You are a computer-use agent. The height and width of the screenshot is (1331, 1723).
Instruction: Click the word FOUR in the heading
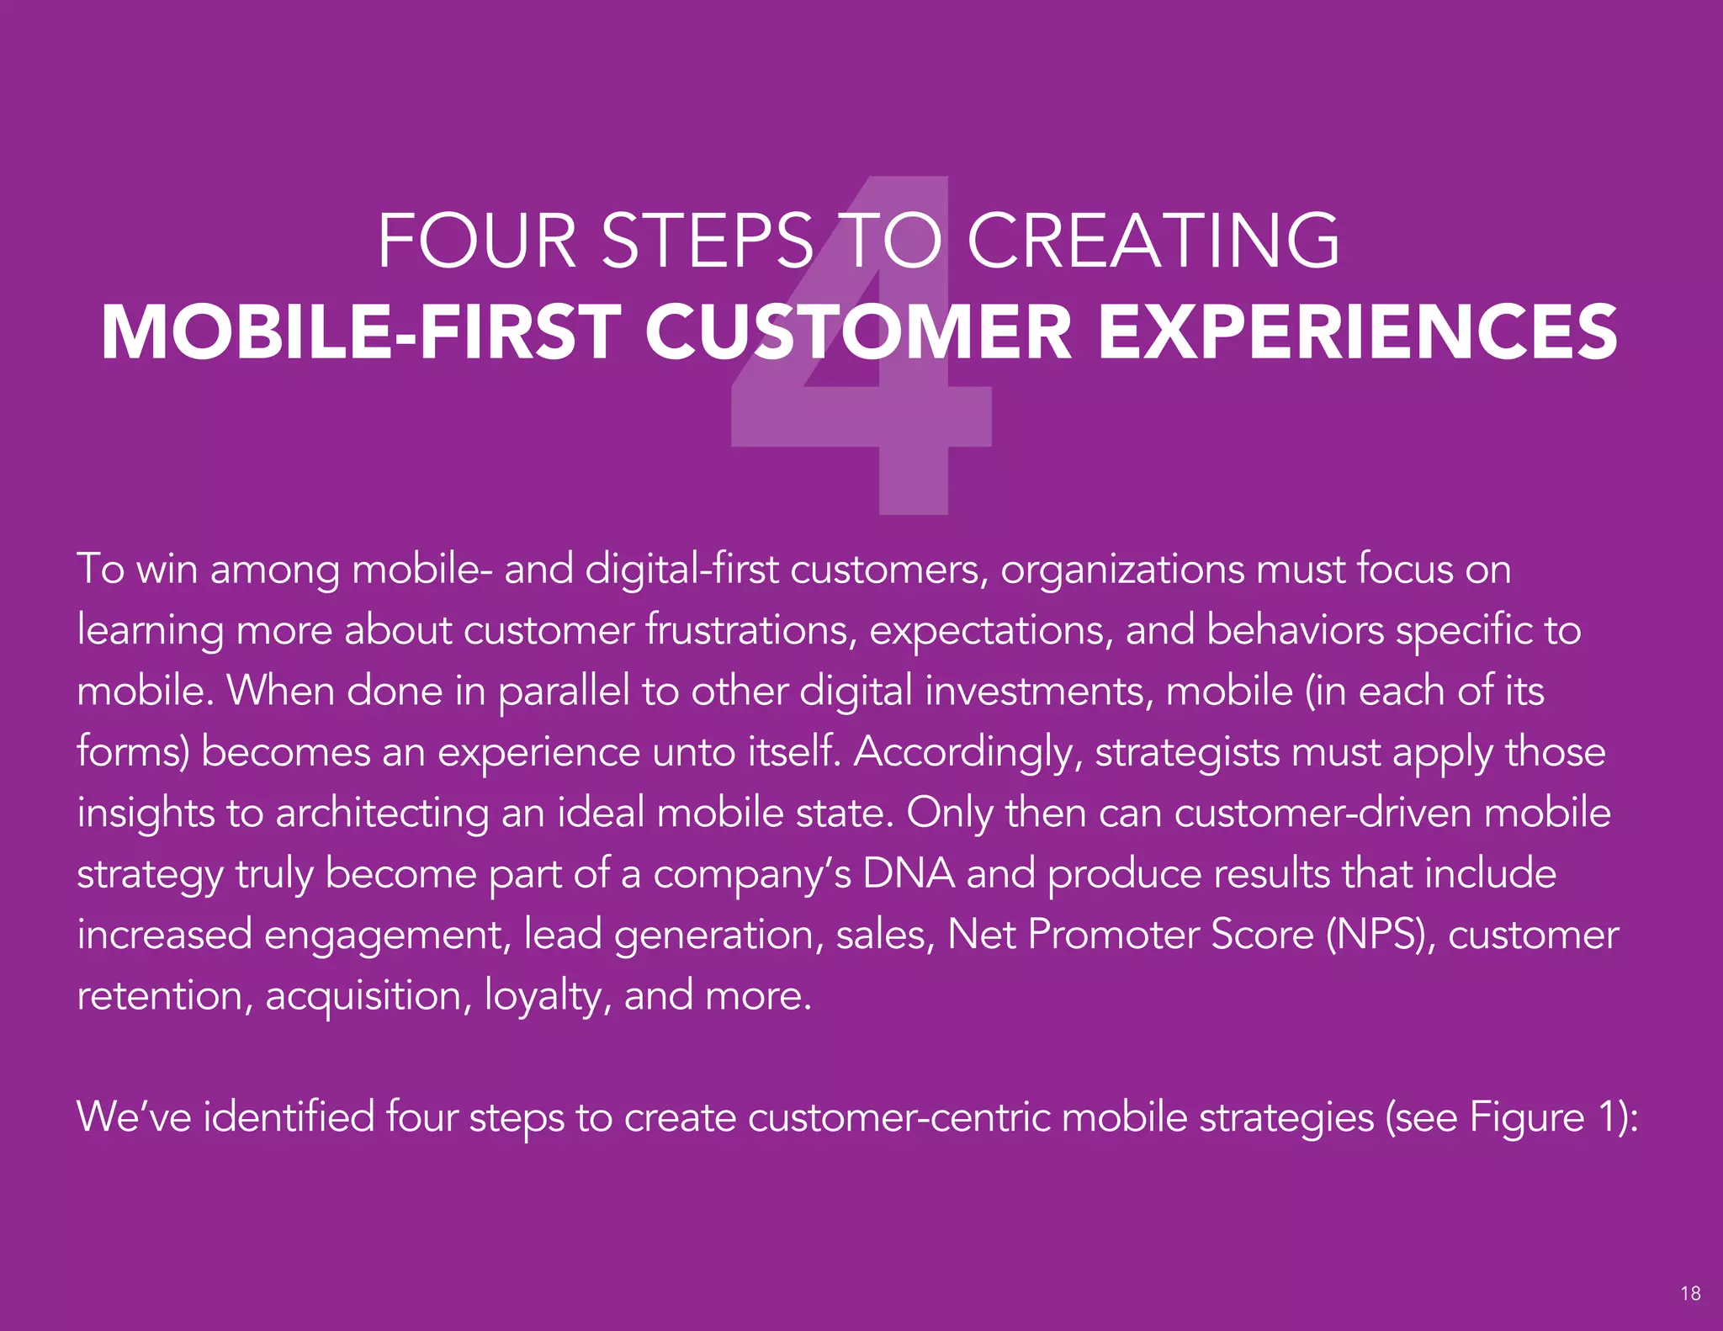[x=476, y=241]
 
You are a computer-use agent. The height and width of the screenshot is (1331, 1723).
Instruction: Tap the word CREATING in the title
[x=1153, y=241]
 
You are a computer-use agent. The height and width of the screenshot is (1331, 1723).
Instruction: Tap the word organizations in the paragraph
[x=1122, y=570]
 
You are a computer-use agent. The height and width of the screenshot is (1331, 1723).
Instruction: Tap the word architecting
[x=383, y=814]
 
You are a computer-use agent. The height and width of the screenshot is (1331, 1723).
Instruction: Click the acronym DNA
[x=909, y=874]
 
